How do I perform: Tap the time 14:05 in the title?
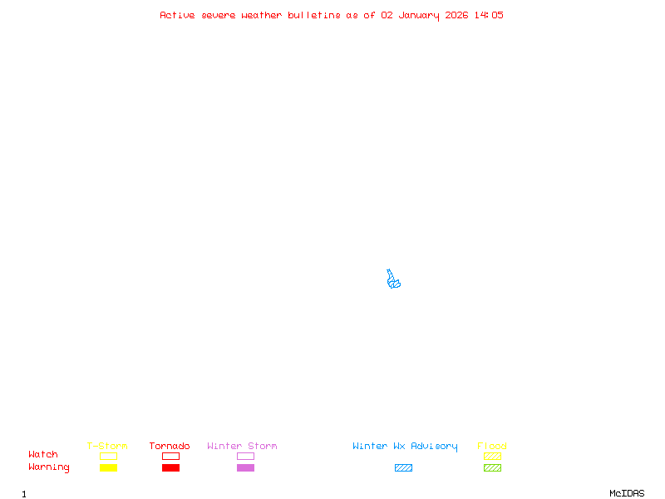[x=489, y=15]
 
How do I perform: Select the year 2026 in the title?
[x=456, y=15]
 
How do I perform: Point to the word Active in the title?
[x=177, y=15]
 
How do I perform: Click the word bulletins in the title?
[x=313, y=15]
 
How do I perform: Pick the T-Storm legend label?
[x=107, y=446]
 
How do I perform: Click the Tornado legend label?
[x=170, y=446]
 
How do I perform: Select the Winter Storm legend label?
[x=242, y=446]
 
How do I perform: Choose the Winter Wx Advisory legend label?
[x=405, y=446]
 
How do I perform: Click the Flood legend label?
[x=492, y=446]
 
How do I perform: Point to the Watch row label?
[x=43, y=455]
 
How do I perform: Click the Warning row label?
[x=49, y=467]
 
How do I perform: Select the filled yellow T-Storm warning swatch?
[x=108, y=467]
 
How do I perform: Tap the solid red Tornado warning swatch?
[x=170, y=467]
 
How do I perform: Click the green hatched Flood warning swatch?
[x=492, y=467]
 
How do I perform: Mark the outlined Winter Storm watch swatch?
[x=245, y=456]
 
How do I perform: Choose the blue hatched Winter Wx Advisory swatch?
[x=403, y=467]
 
